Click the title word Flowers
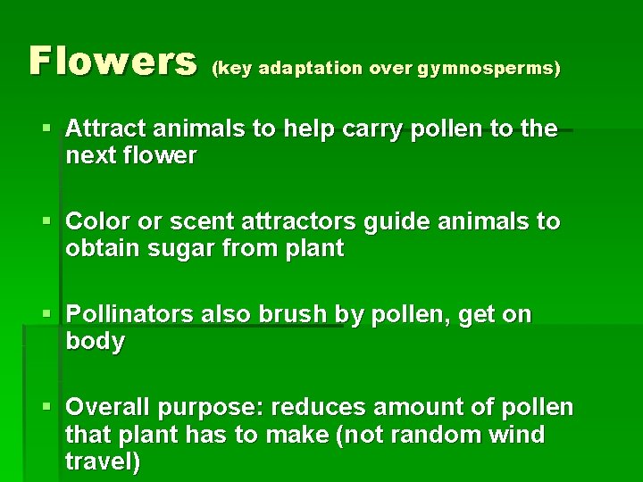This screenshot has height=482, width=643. [113, 62]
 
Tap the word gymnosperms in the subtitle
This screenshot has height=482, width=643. [489, 68]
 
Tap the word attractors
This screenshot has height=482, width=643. [313, 221]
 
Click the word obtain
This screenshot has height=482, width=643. [99, 248]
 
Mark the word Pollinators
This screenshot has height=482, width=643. [134, 314]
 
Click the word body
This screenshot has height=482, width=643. [95, 341]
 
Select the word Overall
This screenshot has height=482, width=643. [109, 407]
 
